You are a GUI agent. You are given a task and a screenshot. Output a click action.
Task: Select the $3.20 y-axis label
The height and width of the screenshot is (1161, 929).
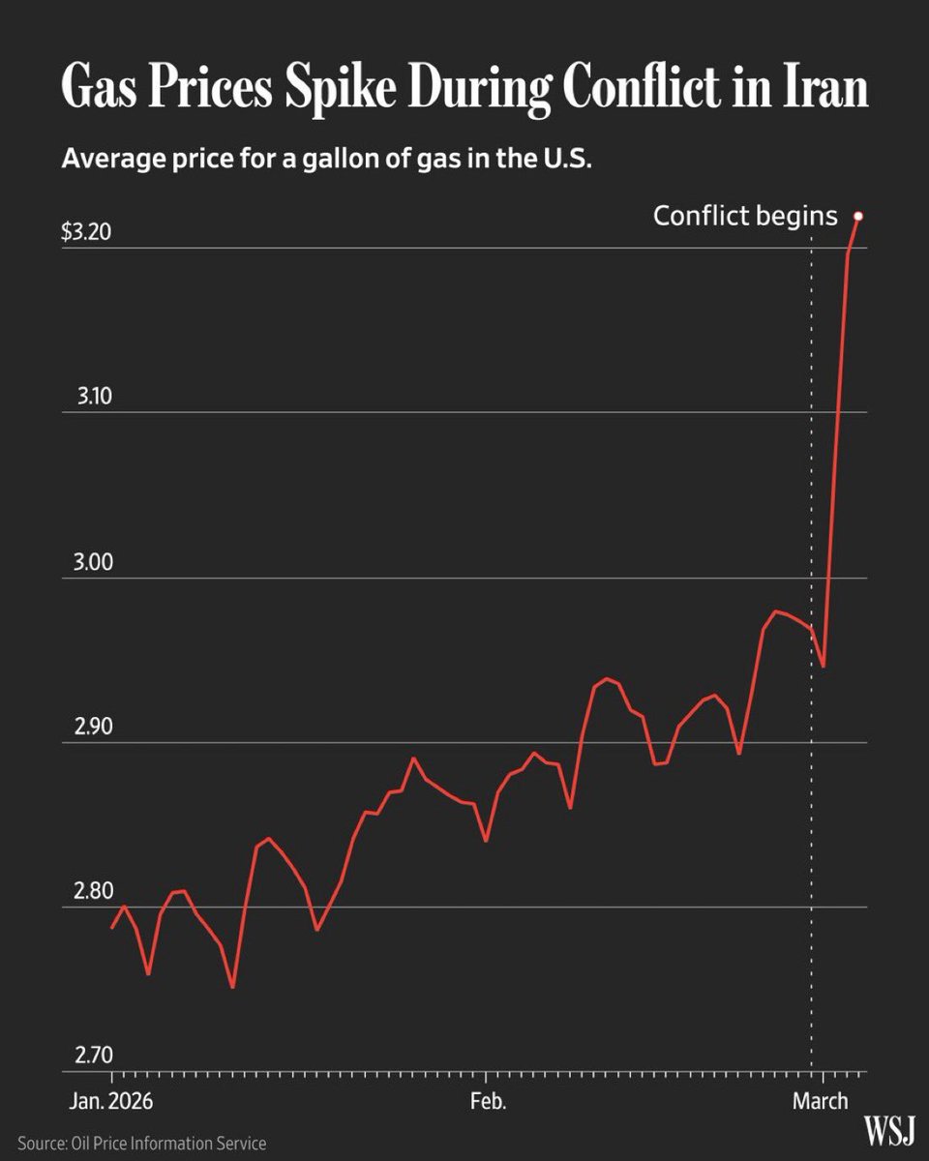pyautogui.click(x=87, y=233)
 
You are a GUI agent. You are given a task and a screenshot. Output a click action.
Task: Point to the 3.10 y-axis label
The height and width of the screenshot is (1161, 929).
pyautogui.click(x=95, y=396)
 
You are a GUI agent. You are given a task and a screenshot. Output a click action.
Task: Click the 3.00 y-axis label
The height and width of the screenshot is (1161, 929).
pyautogui.click(x=95, y=561)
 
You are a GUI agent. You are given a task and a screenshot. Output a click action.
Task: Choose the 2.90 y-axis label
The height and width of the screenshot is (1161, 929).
pyautogui.click(x=95, y=726)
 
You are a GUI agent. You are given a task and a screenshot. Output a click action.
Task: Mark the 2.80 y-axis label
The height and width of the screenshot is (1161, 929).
pyautogui.click(x=95, y=890)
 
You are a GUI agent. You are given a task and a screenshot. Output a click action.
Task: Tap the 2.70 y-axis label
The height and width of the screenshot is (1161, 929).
pyautogui.click(x=95, y=1055)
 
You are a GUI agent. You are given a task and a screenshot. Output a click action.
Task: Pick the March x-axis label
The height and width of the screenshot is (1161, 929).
pyautogui.click(x=820, y=1101)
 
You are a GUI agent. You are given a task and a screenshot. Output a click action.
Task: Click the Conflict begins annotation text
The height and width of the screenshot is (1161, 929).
pyautogui.click(x=745, y=215)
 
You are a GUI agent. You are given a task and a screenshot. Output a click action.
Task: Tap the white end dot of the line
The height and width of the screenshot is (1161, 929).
pyautogui.click(x=857, y=216)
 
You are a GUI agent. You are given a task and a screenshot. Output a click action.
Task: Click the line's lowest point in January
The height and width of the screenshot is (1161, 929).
pyautogui.click(x=232, y=987)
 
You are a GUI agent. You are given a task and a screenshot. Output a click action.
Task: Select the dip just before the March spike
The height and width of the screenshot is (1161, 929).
pyautogui.click(x=823, y=667)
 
